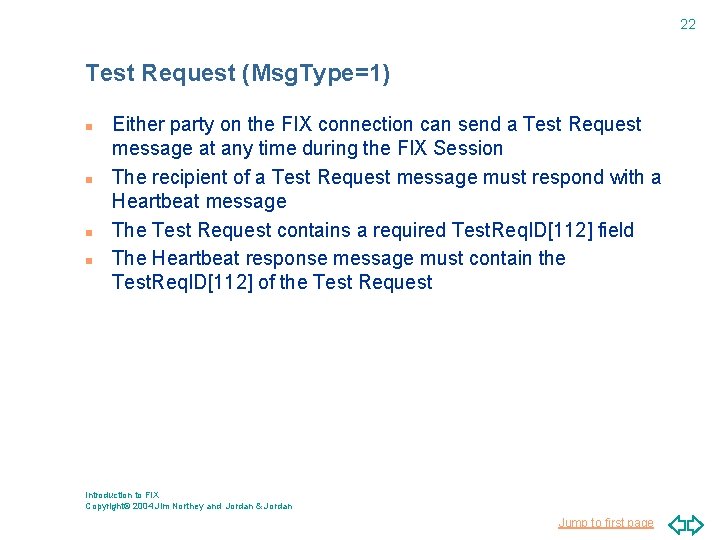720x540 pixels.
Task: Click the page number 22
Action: [688, 24]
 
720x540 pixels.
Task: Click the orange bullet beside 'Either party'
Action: [89, 127]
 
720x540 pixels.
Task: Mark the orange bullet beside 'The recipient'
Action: [89, 180]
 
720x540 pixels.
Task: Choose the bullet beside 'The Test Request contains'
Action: [89, 233]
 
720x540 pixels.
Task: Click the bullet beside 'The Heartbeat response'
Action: [89, 261]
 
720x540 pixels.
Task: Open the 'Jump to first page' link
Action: [606, 523]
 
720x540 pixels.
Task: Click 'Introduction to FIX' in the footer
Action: [122, 495]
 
